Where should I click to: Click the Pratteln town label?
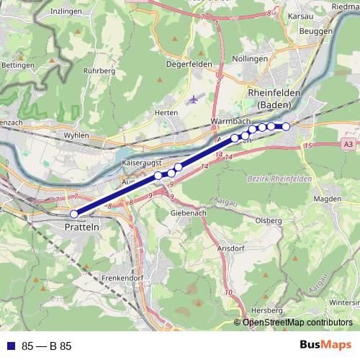pyautogui.click(x=81, y=226)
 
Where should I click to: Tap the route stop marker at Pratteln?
pyautogui.click(x=73, y=214)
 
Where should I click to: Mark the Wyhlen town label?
pyautogui.click(x=76, y=135)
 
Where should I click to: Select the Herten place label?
pyautogui.click(x=166, y=113)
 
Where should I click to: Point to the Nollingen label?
pyautogui.click(x=250, y=59)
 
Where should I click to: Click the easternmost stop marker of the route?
pyautogui.click(x=286, y=127)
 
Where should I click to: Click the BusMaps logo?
pyautogui.click(x=325, y=346)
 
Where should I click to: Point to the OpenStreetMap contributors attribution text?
pyautogui.click(x=297, y=323)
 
